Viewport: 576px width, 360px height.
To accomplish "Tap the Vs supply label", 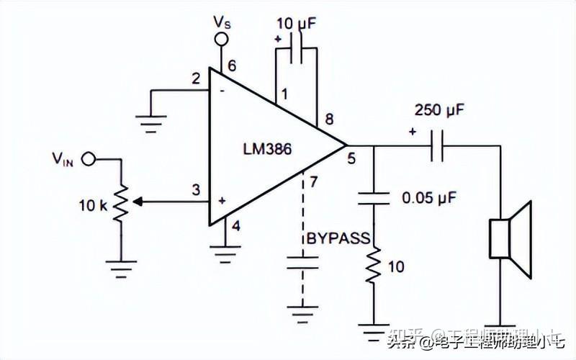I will pyautogui.click(x=222, y=22).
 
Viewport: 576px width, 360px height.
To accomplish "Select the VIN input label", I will pyautogui.click(x=63, y=158).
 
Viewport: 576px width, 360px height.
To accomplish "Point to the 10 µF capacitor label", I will pyautogui.click(x=297, y=22).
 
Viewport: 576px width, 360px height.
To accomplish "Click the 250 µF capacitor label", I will pyautogui.click(x=439, y=111).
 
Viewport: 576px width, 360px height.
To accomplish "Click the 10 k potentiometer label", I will pyautogui.click(x=93, y=204).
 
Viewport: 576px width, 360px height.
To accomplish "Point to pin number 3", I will pyautogui.click(x=194, y=191).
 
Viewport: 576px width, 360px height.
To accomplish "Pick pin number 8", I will pyautogui.click(x=328, y=120).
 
